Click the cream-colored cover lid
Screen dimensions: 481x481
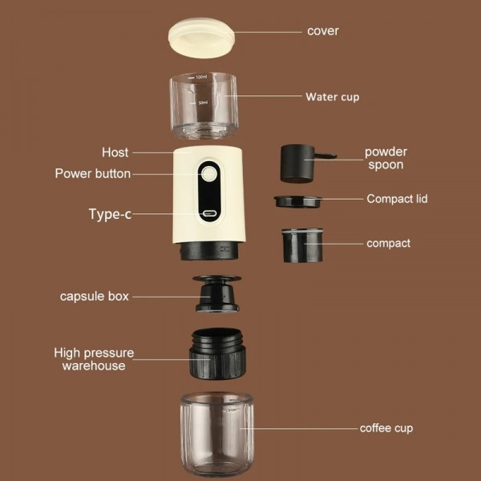pyautogui.click(x=201, y=37)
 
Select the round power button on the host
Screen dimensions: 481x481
pyautogui.click(x=210, y=173)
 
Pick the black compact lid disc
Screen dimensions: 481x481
pyautogui.click(x=298, y=201)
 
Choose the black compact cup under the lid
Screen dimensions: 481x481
pyautogui.click(x=302, y=245)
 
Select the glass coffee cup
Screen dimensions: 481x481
pyautogui.click(x=216, y=433)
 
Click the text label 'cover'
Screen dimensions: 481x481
pyautogui.click(x=323, y=31)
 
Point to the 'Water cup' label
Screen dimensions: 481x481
pyautogui.click(x=332, y=97)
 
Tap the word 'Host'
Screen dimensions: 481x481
pyautogui.click(x=115, y=152)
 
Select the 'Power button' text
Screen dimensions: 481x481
pyautogui.click(x=92, y=173)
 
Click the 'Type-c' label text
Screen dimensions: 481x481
pyautogui.click(x=110, y=214)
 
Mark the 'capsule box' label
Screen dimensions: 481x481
pyautogui.click(x=94, y=296)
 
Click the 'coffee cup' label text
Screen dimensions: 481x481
pyautogui.click(x=386, y=428)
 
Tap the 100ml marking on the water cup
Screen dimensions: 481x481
pyautogui.click(x=200, y=78)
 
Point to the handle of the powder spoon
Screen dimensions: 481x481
pyautogui.click(x=324, y=156)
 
